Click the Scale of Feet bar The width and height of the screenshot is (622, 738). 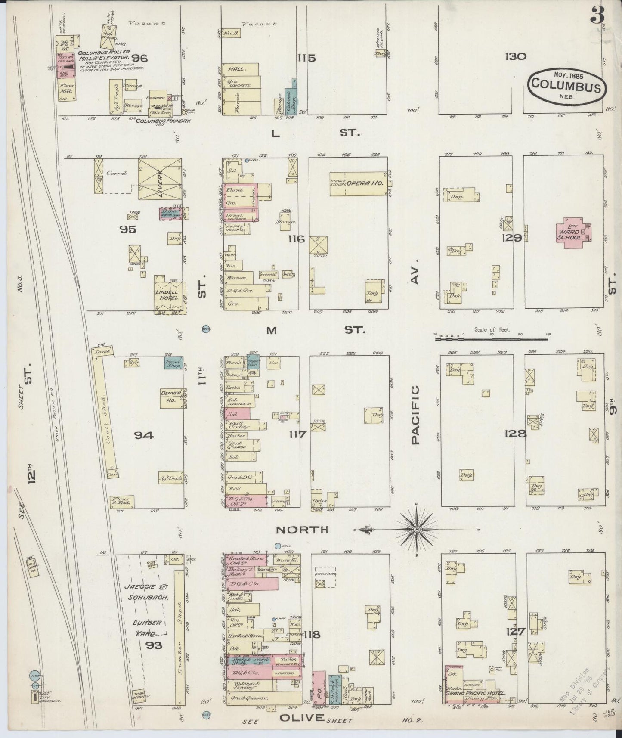[491, 339]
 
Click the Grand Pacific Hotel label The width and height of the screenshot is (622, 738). [473, 693]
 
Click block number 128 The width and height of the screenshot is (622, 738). [516, 434]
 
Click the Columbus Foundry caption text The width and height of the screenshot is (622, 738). [163, 121]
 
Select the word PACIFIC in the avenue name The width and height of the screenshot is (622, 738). [415, 415]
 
